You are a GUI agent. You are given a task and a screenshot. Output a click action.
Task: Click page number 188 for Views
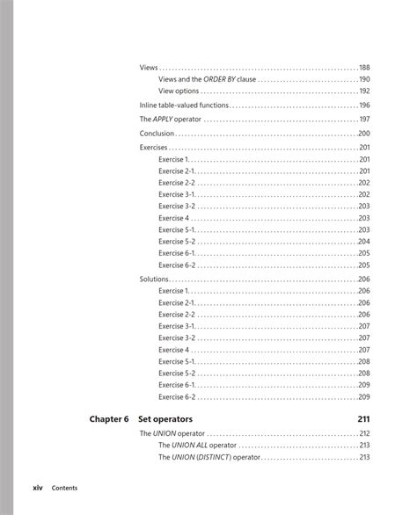coord(363,68)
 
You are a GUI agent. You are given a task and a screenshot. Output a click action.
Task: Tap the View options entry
coord(179,91)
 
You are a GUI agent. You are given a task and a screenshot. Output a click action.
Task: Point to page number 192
coord(363,91)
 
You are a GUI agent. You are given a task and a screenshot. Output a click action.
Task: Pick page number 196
coord(363,105)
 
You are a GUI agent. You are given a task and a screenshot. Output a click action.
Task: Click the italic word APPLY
coord(164,120)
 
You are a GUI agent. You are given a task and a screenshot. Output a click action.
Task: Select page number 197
coord(363,120)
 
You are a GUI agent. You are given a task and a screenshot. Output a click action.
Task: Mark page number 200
coord(363,134)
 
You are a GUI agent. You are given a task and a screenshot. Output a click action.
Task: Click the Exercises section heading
coord(155,148)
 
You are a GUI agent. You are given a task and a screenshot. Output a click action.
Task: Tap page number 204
coord(363,242)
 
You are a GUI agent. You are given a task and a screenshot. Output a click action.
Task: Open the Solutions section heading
coord(155,279)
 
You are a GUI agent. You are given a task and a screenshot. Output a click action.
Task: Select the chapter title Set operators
coord(166,418)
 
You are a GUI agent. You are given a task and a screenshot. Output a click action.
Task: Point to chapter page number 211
coord(363,418)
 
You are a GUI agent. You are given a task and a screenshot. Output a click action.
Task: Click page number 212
coord(363,433)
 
